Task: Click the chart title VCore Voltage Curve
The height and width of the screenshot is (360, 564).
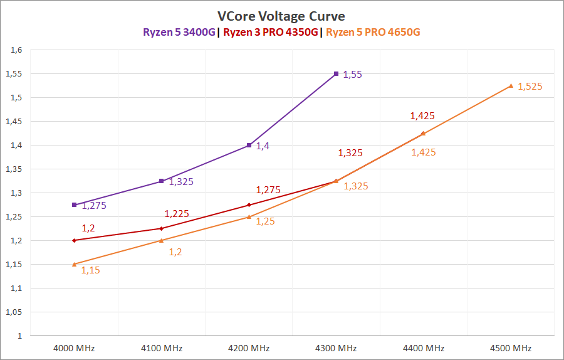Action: pos(281,16)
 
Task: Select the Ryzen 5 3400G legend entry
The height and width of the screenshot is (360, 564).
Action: pos(179,33)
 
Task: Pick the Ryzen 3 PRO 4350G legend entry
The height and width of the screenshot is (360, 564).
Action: pos(271,33)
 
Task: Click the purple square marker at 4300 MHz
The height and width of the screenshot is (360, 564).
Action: pos(337,74)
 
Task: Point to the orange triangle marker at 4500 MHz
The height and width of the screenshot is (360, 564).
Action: pos(511,86)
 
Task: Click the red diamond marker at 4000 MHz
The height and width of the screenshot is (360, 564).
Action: pos(75,240)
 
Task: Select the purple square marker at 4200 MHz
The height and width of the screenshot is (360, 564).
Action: pos(249,145)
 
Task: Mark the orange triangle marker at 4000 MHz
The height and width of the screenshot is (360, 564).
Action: pos(75,264)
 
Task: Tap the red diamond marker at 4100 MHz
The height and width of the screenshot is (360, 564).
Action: pos(162,228)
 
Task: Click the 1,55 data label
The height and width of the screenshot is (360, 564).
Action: pos(353,75)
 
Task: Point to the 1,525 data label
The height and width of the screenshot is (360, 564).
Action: pos(530,87)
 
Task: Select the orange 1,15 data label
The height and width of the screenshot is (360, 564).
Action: pos(90,270)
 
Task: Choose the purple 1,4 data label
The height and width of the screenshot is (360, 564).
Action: pos(263,146)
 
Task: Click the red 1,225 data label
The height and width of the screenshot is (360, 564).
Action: pos(177,214)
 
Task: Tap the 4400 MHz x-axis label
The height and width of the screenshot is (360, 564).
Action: pos(424,348)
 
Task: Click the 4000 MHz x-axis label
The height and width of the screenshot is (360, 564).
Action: pos(75,348)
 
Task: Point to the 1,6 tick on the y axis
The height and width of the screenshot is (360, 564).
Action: pos(17,50)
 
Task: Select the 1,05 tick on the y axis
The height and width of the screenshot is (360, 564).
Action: pos(14,312)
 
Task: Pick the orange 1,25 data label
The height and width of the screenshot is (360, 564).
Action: pos(265,221)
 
